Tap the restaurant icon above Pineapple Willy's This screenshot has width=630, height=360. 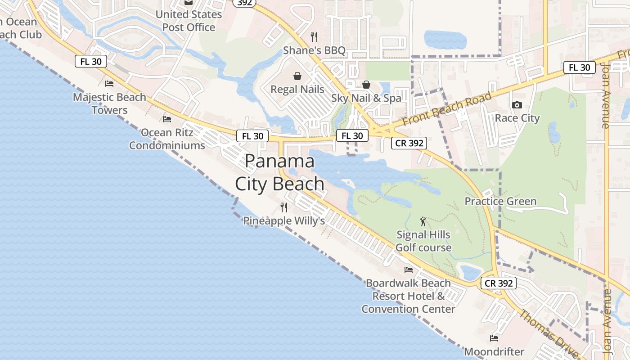(x=284, y=207)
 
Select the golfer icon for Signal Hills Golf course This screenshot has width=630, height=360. (x=423, y=221)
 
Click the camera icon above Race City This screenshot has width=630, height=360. (x=517, y=105)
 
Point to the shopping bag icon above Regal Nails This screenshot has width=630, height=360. (x=297, y=76)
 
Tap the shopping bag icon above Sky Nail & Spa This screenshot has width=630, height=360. (x=366, y=85)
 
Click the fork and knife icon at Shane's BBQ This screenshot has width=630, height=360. (x=314, y=36)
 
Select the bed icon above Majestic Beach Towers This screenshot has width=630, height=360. (x=109, y=83)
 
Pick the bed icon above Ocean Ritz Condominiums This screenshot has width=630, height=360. (x=167, y=119)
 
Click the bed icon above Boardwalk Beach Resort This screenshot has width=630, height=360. (x=409, y=270)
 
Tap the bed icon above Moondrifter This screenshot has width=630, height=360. (x=494, y=338)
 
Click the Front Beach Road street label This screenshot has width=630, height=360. (x=447, y=109)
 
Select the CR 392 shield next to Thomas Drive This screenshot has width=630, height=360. (x=498, y=283)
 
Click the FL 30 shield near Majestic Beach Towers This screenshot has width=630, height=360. (x=91, y=62)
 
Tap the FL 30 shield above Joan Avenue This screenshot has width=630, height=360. (x=579, y=67)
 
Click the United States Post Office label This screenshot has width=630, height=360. (x=189, y=21)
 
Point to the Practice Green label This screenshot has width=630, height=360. (x=500, y=201)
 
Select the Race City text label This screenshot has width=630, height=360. (x=517, y=118)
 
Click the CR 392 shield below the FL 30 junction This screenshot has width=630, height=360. (x=409, y=143)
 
